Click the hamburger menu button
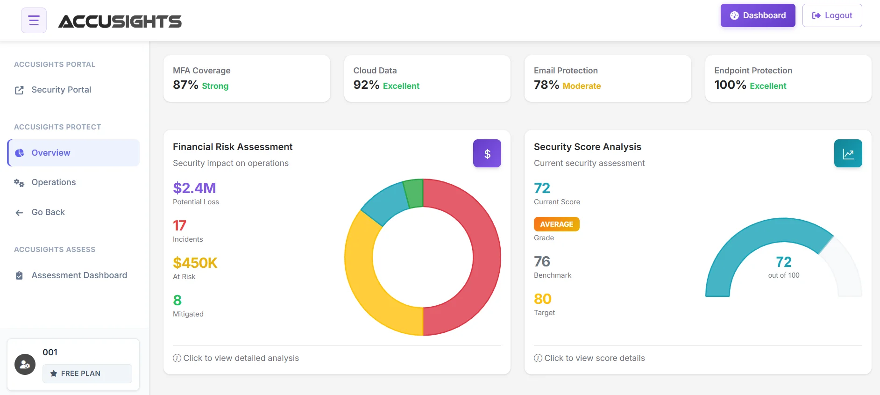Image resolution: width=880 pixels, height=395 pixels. click(x=34, y=20)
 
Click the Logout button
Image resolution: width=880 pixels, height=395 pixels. click(x=832, y=15)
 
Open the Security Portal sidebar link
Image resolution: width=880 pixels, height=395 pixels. click(x=61, y=90)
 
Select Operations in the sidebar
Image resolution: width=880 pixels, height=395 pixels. click(x=53, y=182)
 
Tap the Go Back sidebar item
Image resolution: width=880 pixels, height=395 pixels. click(x=48, y=212)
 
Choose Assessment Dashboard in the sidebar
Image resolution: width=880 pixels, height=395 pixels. click(x=79, y=275)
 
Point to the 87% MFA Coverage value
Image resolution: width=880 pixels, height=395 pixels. click(x=185, y=85)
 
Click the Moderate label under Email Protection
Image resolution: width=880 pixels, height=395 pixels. click(x=582, y=86)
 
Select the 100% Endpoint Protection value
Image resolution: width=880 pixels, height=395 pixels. click(x=730, y=85)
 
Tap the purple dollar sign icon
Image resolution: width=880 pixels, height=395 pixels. click(x=487, y=153)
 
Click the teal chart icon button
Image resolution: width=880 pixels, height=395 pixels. click(x=848, y=153)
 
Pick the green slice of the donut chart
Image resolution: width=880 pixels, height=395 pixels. click(x=414, y=193)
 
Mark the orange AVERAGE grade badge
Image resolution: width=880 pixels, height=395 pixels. click(x=556, y=224)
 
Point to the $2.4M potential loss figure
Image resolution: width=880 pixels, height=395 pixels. click(x=194, y=188)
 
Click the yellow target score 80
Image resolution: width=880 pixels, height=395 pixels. click(x=542, y=299)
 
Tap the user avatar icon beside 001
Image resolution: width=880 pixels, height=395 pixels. click(x=25, y=365)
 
